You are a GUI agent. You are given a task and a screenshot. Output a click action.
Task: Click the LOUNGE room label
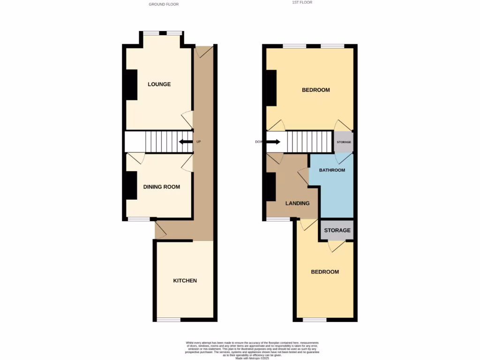[x=159, y=84]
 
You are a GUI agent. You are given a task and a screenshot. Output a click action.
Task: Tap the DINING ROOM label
[x=161, y=187]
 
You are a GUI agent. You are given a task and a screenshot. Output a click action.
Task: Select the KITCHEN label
[x=185, y=281]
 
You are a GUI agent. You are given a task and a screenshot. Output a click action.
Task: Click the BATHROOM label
[x=332, y=170]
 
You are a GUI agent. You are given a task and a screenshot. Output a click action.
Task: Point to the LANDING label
[x=298, y=203]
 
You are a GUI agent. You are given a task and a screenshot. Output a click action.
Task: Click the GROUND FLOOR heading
[x=164, y=4]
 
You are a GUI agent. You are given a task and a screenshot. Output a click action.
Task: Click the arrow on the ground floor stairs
[x=186, y=142]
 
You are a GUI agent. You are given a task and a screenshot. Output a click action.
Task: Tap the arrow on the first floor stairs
[x=273, y=142]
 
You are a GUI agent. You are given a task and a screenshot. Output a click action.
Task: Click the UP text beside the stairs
[x=198, y=142]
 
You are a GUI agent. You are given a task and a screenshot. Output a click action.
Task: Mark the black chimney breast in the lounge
[x=131, y=84]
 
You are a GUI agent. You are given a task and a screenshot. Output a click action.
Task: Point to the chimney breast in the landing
[x=271, y=187]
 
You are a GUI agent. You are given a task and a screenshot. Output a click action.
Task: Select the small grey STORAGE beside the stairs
[x=344, y=142]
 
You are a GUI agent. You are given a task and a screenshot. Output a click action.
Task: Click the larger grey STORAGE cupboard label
[x=337, y=231]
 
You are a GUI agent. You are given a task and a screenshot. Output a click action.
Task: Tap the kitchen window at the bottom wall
[x=168, y=320]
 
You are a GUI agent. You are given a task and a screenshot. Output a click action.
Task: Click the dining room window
[x=139, y=219]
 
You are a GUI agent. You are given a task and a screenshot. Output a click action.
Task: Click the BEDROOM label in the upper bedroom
[x=315, y=90]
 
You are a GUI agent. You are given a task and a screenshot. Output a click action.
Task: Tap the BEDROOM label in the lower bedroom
[x=325, y=272]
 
